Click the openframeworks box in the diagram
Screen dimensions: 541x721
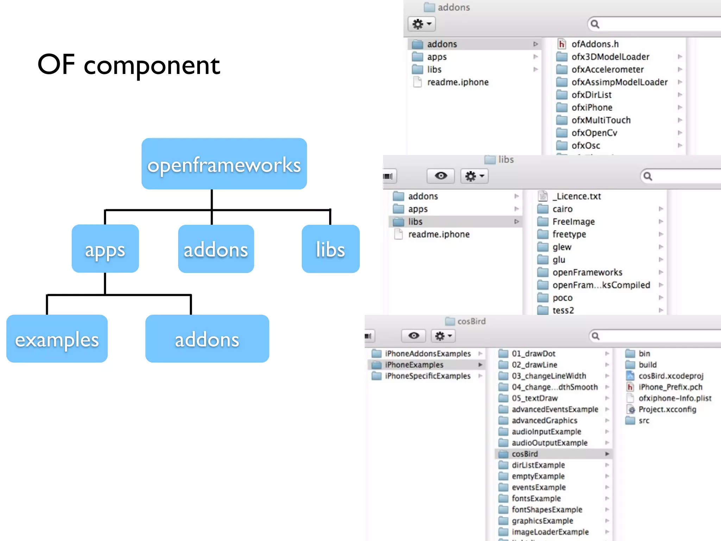point(224,164)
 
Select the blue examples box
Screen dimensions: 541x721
point(57,339)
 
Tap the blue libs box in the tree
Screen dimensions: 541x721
point(330,249)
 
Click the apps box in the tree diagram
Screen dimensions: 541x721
point(105,249)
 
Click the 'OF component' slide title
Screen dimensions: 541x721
point(128,65)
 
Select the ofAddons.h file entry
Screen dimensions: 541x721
point(595,44)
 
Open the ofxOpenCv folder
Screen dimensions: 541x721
point(594,133)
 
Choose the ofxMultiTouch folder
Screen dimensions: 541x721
point(601,120)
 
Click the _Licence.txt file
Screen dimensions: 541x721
point(576,196)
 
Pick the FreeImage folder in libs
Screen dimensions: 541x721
point(573,222)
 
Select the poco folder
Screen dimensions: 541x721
point(562,298)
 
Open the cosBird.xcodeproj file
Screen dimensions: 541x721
point(671,376)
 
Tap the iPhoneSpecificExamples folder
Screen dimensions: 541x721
point(427,376)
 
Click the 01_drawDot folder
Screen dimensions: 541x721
point(533,353)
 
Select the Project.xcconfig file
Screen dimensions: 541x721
point(667,409)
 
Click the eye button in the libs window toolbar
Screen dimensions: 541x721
point(440,176)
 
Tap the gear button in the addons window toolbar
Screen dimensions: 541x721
point(421,24)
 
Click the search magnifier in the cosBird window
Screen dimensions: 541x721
point(595,336)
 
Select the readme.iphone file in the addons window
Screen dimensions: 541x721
point(458,82)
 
